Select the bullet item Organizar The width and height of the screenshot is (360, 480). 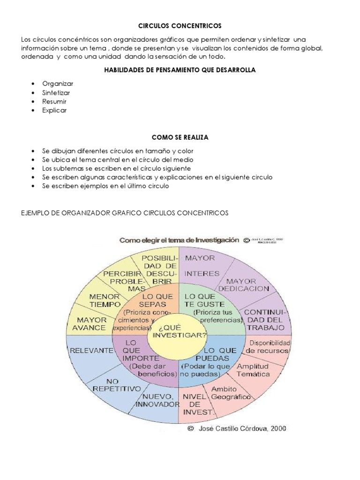point(58,83)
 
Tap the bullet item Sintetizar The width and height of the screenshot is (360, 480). point(56,92)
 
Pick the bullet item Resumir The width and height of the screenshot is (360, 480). point(54,101)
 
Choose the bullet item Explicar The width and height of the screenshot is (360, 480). point(54,111)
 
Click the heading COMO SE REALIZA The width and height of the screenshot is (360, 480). point(180,137)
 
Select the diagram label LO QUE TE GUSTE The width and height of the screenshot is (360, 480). point(200,301)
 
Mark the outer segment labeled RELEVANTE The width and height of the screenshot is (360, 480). point(91,350)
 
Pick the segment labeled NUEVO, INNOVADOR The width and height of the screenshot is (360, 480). point(157,400)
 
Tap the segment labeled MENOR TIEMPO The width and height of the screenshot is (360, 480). point(105,300)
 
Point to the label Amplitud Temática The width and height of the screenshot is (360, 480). point(253,370)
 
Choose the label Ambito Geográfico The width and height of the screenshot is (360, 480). point(230,393)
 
